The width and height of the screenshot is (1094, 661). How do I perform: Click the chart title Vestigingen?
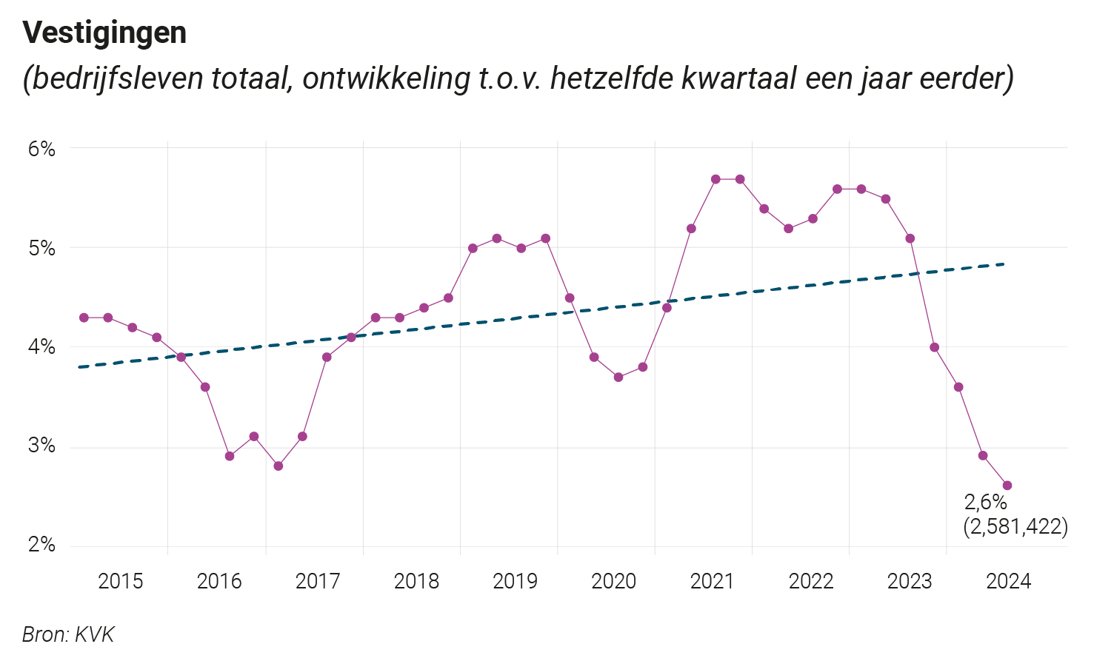tap(104, 33)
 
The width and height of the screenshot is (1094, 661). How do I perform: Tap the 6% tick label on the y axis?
tap(41, 149)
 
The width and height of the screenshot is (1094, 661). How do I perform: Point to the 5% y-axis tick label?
tap(41, 248)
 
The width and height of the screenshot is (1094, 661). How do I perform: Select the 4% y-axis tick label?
tap(41, 347)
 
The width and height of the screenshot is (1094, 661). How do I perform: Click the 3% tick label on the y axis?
tap(41, 446)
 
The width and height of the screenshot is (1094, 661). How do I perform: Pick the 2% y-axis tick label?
tap(41, 546)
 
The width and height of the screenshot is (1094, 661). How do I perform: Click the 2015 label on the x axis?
tap(121, 581)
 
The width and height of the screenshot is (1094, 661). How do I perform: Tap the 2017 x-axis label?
tap(318, 581)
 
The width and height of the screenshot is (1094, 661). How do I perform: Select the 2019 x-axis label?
tap(515, 581)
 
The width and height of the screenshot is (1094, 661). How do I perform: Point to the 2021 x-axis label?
tap(712, 581)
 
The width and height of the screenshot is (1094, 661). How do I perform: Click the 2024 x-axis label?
tap(1008, 581)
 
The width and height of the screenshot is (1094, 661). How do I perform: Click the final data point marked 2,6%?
tap(1007, 486)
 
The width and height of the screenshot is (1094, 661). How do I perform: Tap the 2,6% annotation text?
tap(985, 503)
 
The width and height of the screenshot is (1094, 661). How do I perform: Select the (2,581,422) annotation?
tap(1015, 527)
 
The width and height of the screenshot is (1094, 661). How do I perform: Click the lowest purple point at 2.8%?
tap(278, 466)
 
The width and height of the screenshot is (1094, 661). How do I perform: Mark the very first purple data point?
tap(84, 318)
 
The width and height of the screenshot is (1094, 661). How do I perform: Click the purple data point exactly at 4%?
tap(934, 347)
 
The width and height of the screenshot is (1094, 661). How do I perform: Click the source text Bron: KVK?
tap(68, 634)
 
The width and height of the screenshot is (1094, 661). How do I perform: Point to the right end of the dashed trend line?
tap(1003, 264)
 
